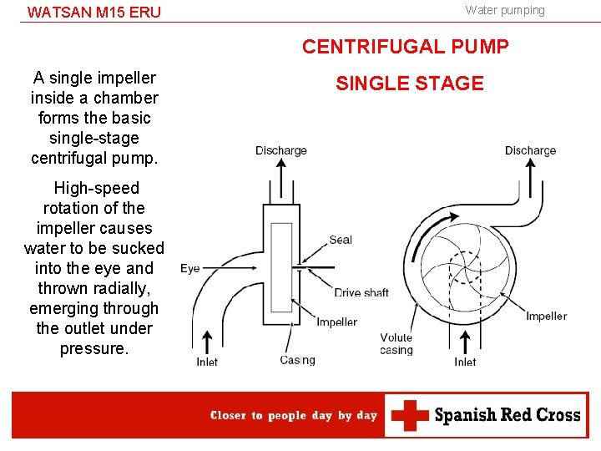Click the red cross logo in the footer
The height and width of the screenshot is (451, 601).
[x=410, y=415]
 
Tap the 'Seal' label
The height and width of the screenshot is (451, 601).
[x=341, y=240]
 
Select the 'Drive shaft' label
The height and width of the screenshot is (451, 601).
[x=361, y=292]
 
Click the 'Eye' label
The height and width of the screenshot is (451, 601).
[x=190, y=268]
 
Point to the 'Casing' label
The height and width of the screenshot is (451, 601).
[x=297, y=360]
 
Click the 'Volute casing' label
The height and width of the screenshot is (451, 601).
[x=396, y=343]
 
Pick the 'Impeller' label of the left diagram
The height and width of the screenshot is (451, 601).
[x=337, y=322]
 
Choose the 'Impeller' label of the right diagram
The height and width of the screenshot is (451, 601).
[x=546, y=317]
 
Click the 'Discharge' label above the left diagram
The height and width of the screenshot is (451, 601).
[x=281, y=150]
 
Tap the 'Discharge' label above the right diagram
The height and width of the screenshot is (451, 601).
[x=531, y=150]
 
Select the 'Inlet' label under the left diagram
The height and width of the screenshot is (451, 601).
[x=207, y=362]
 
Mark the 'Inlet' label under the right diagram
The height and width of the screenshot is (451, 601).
[x=465, y=362]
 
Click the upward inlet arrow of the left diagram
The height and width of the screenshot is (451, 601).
[x=207, y=342]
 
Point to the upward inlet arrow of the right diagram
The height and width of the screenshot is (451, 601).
[x=465, y=342]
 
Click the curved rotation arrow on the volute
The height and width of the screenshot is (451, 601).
[x=427, y=231]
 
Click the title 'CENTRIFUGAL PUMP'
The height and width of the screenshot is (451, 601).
[x=405, y=47]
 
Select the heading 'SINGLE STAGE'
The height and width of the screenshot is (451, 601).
[x=410, y=84]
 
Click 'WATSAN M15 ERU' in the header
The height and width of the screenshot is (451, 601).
[x=93, y=13]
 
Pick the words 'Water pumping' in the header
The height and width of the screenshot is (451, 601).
[x=505, y=10]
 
